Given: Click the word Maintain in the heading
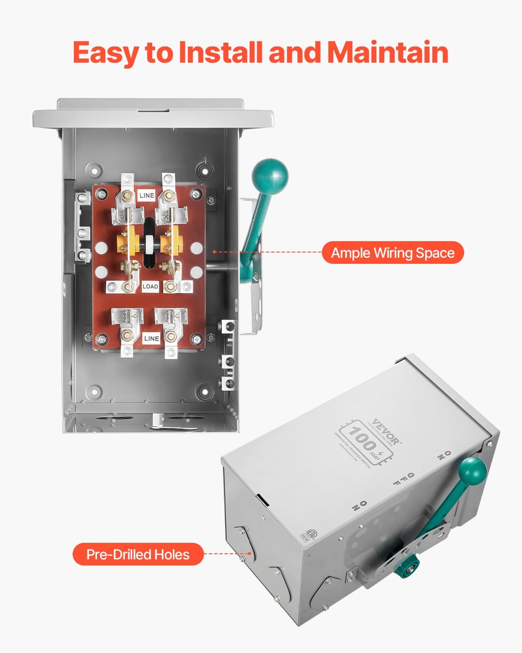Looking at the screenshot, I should coord(387,52).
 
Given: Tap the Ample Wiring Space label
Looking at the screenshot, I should coord(392,252).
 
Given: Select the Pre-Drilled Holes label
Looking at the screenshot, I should coord(138,554).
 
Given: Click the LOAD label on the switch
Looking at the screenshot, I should coord(150,286).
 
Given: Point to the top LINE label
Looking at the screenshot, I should coord(147,195).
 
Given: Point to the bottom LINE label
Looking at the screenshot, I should coord(151,338).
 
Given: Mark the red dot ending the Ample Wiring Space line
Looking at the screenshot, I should coord(214,252).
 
